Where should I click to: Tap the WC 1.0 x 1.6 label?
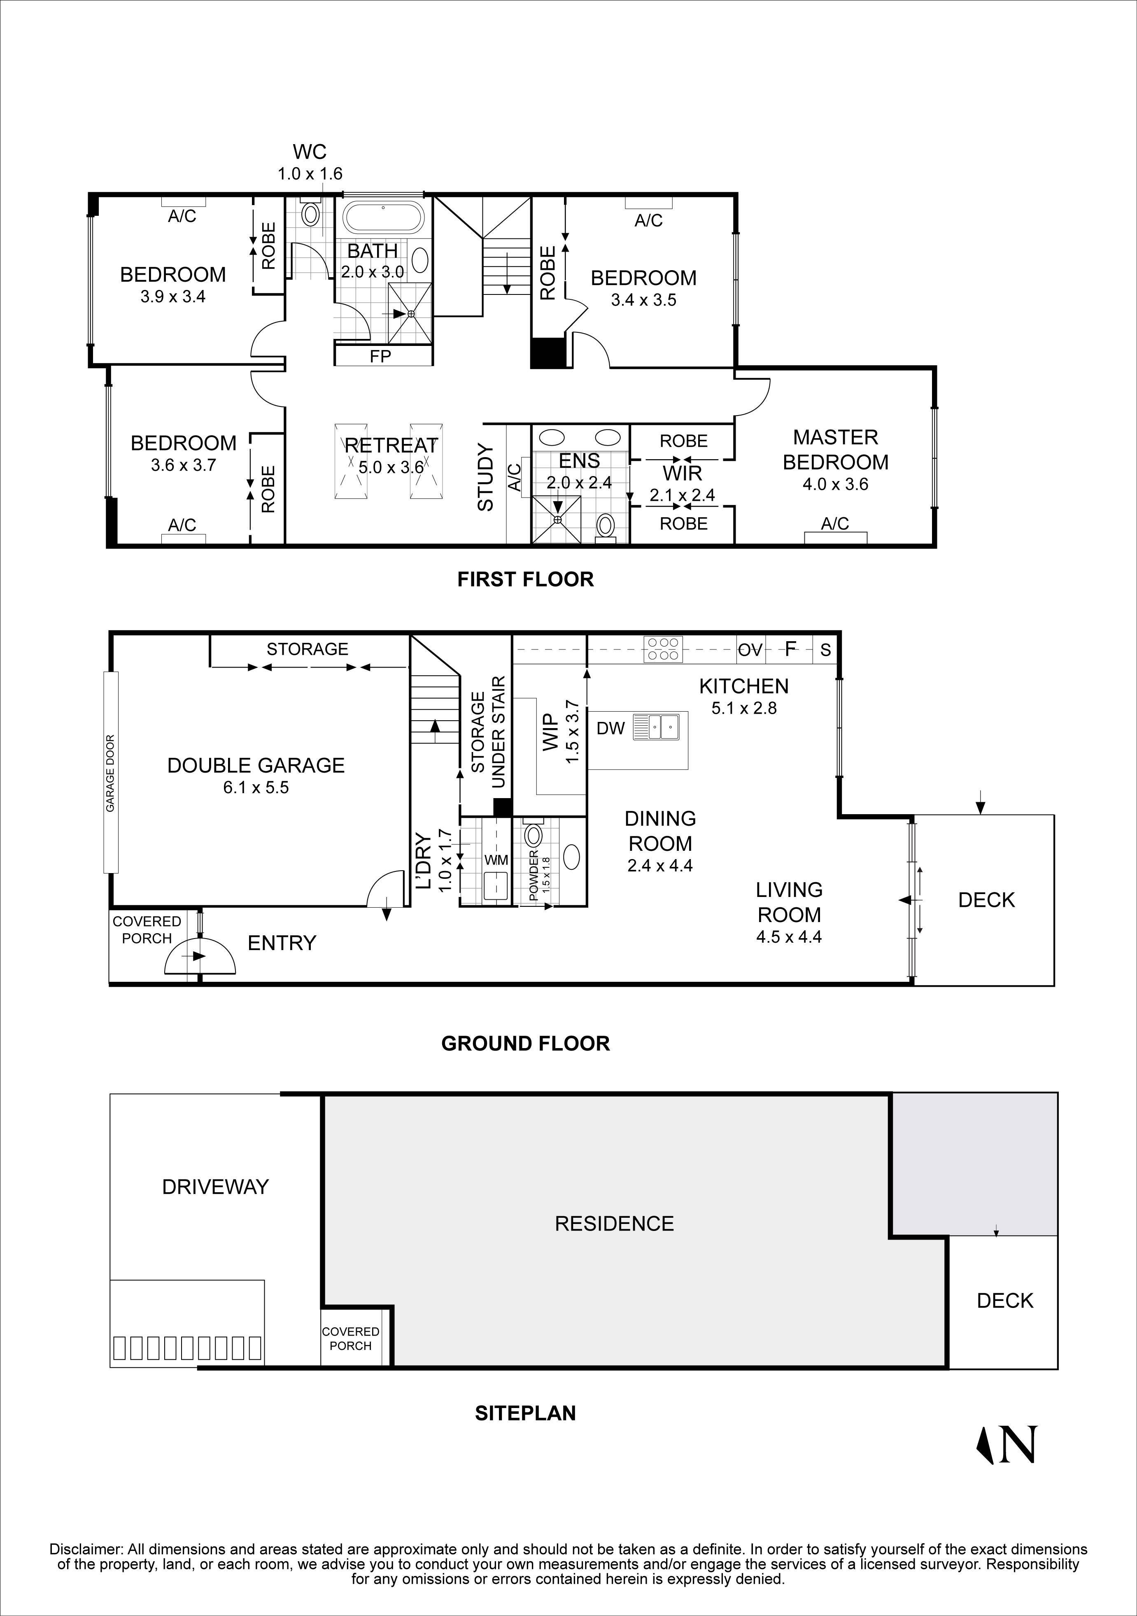(x=310, y=163)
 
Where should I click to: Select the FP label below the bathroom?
(x=381, y=357)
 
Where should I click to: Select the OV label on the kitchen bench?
(x=750, y=649)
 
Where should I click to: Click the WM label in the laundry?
(x=496, y=860)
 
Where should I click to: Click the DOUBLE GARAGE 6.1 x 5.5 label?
(x=256, y=775)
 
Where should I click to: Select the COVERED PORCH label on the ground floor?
(x=147, y=930)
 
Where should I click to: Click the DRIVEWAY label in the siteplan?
(x=215, y=1186)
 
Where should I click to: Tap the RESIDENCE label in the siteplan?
(x=614, y=1223)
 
